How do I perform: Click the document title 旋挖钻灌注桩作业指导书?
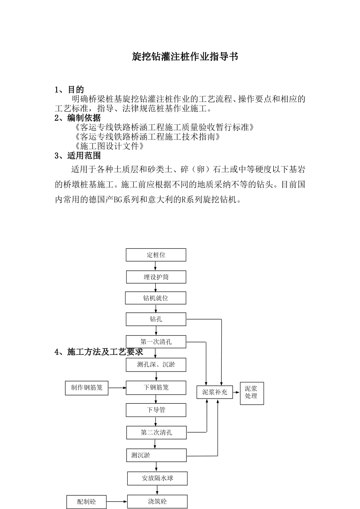pyautogui.click(x=185, y=57)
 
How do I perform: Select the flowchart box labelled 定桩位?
pyautogui.click(x=156, y=255)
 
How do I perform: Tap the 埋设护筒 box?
pyautogui.click(x=156, y=277)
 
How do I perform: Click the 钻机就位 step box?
pyautogui.click(x=155, y=298)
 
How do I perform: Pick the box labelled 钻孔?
pyautogui.click(x=156, y=319)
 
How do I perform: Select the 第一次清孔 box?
pyautogui.click(x=156, y=342)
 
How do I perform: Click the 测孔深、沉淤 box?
pyautogui.click(x=156, y=365)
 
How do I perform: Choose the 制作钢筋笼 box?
pyautogui.click(x=86, y=388)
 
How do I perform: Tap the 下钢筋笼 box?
pyautogui.click(x=156, y=388)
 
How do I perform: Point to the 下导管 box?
pyautogui.click(x=156, y=410)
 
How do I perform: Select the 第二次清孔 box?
pyautogui.click(x=156, y=432)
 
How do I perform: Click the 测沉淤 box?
pyautogui.click(x=156, y=455)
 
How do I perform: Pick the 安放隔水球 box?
pyautogui.click(x=157, y=478)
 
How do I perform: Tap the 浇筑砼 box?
pyautogui.click(x=157, y=502)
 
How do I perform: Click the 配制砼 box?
pyautogui.click(x=86, y=502)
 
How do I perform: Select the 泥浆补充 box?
pyautogui.click(x=214, y=392)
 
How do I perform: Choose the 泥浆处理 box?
pyautogui.click(x=252, y=393)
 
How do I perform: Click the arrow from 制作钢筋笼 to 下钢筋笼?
pyautogui.click(x=117, y=388)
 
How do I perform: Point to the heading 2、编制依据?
pyautogui.click(x=78, y=118)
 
